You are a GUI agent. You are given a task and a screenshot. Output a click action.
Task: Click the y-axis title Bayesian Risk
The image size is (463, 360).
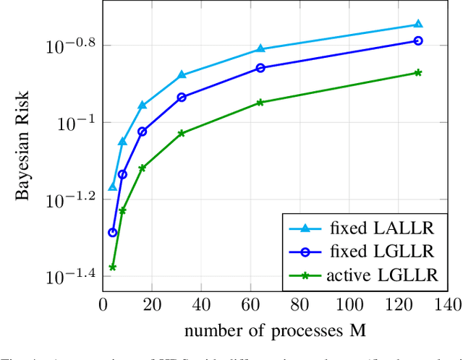point(23,145)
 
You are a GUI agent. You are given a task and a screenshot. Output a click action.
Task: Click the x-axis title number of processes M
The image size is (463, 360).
point(275,330)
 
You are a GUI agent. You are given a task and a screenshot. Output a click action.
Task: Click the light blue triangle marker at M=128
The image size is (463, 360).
point(418,24)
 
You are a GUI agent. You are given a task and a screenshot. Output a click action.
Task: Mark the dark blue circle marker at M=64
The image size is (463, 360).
point(260,68)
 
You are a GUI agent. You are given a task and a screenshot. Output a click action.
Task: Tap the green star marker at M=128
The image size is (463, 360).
point(418,72)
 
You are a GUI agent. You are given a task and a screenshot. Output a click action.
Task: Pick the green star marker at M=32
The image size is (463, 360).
point(182,133)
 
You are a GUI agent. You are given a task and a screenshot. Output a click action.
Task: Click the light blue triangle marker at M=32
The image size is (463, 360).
point(182,74)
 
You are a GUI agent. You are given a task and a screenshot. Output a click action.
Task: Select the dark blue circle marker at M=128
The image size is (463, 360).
point(418,40)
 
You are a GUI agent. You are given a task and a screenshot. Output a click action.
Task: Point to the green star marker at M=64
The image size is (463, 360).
point(260,103)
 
